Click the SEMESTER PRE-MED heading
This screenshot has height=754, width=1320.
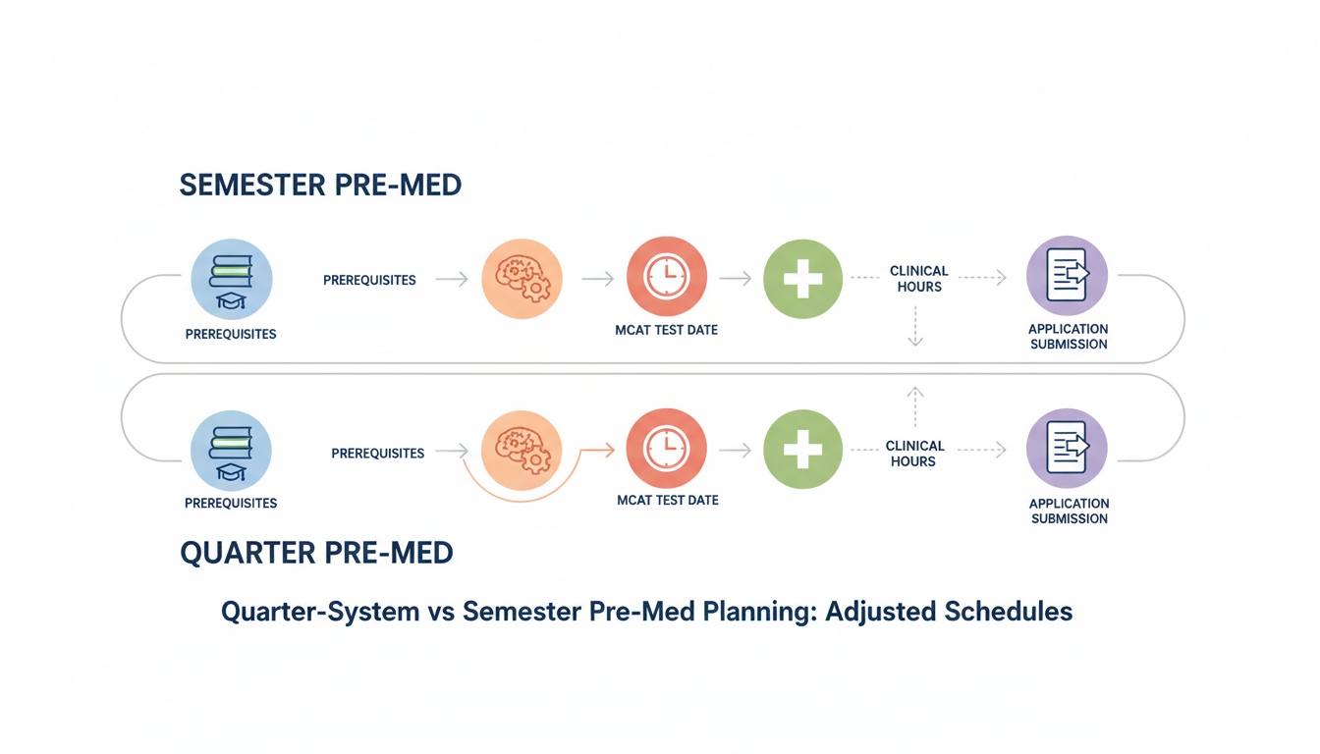(320, 185)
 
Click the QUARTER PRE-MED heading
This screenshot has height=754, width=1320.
(316, 553)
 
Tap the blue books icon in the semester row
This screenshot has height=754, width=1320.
(231, 279)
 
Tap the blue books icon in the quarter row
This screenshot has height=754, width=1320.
(231, 451)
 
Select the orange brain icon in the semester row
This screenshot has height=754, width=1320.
(522, 279)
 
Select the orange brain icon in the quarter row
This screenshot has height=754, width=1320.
(522, 451)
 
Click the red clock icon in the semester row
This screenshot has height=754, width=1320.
(667, 277)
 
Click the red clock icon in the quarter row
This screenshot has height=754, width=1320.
(667, 449)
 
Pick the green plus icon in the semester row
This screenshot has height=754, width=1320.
(802, 279)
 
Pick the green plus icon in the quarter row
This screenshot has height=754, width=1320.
(802, 450)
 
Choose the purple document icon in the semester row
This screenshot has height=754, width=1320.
(1067, 275)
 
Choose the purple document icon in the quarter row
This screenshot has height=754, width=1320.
(1067, 448)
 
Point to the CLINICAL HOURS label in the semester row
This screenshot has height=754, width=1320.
(918, 279)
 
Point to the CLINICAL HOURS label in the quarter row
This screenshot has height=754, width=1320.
(913, 454)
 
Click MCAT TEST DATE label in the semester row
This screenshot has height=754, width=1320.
(667, 330)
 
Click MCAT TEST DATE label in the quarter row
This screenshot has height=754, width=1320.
(668, 501)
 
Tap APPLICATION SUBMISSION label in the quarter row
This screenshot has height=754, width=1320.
(1069, 511)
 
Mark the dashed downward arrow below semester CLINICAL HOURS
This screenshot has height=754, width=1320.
(915, 327)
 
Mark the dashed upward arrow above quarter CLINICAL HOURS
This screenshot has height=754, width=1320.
(915, 404)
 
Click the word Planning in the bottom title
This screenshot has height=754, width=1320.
(760, 612)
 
